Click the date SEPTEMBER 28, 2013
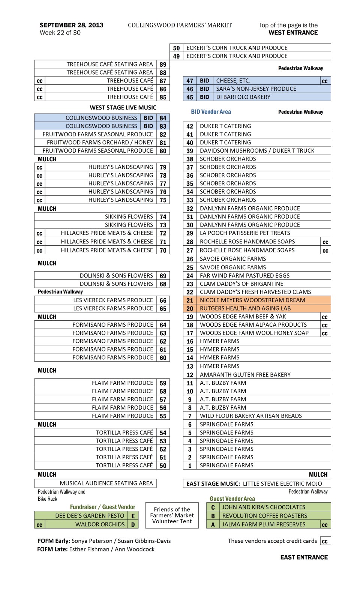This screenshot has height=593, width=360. point(71,25)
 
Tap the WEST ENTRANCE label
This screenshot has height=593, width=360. point(293,33)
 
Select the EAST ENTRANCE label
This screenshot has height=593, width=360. point(304,557)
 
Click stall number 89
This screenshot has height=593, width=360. point(163,65)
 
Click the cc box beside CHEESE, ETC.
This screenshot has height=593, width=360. point(325,81)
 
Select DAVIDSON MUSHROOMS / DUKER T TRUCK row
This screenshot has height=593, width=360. point(257,150)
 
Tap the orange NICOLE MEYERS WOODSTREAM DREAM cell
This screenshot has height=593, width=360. point(252,300)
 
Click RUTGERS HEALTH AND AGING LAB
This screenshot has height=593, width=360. point(245,308)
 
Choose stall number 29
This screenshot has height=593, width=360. point(190,233)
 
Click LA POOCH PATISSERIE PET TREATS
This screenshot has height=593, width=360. point(245,233)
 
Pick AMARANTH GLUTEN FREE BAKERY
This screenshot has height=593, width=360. point(245,374)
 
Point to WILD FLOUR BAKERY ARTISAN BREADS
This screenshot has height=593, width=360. point(250,416)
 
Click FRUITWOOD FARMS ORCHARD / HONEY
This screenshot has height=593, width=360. point(100,143)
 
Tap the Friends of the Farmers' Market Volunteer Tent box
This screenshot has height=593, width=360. point(172,515)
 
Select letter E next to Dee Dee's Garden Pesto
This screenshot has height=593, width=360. point(133,516)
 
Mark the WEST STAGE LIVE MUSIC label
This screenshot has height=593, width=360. point(123,108)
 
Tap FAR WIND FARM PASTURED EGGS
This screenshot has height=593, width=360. point(244,275)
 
